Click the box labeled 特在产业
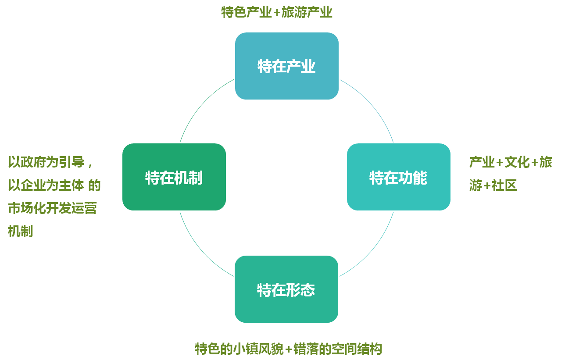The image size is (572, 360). pyautogui.click(x=286, y=66)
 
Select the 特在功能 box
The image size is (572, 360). pyautogui.click(x=398, y=177)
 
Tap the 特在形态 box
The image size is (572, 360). pyautogui.click(x=286, y=289)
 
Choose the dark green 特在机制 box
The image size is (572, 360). pyautogui.click(x=174, y=177)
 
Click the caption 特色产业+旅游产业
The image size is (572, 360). pyautogui.click(x=276, y=12)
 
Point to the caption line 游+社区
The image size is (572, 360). pyautogui.click(x=493, y=185)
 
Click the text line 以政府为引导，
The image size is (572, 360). pyautogui.click(x=50, y=162)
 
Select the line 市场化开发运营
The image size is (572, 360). pyautogui.click(x=52, y=208)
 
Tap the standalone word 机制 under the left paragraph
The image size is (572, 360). pyautogui.click(x=20, y=231)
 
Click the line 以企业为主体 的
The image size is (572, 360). pyautogui.click(x=54, y=185)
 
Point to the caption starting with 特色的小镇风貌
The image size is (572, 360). pyautogui.click(x=288, y=349)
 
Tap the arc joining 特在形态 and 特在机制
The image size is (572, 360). pyautogui.click(x=200, y=251)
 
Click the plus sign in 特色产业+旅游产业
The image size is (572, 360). pyautogui.click(x=276, y=12)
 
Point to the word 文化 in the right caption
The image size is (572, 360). pyautogui.click(x=517, y=162)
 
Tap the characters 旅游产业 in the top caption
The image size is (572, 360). pyautogui.click(x=307, y=12)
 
